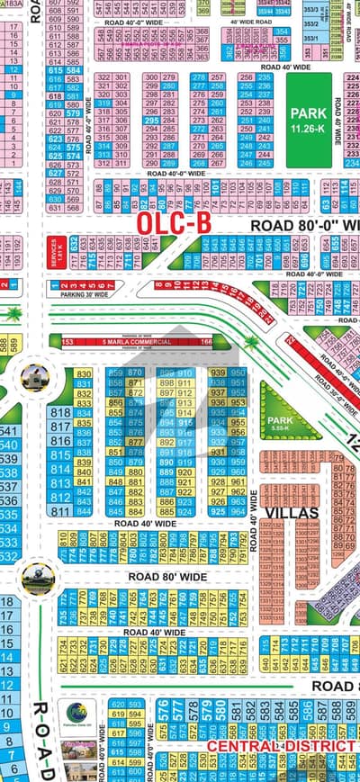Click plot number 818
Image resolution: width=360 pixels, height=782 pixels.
point(61,412)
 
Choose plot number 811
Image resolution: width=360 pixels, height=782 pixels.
point(61,511)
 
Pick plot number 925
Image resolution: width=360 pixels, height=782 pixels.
point(217,511)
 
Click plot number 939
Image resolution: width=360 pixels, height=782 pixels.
point(217,373)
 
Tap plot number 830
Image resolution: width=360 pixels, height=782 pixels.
point(84,373)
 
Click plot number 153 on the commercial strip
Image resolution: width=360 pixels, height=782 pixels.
point(67,343)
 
